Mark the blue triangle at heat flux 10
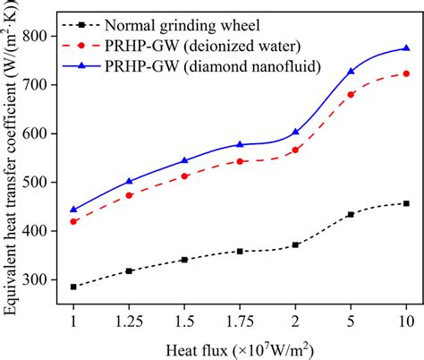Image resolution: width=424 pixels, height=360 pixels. [406, 48]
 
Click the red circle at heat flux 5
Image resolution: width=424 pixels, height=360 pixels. [351, 94]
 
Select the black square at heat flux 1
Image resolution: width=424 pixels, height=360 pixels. [73, 287]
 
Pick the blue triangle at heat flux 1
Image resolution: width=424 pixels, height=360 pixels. [73, 210]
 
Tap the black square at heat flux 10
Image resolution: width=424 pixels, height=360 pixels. [406, 203]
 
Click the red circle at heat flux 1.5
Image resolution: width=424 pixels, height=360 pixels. [184, 176]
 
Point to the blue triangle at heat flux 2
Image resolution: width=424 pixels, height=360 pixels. [295, 132]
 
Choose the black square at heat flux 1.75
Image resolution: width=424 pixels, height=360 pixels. [240, 252]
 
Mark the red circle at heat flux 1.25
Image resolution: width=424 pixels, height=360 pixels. [129, 195]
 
